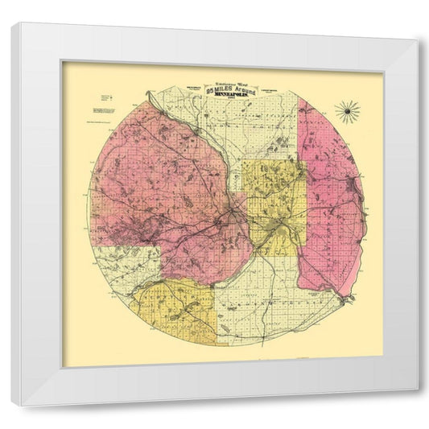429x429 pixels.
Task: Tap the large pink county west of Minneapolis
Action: pos(161,185)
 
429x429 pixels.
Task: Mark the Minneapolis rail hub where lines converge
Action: pos(233,213)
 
